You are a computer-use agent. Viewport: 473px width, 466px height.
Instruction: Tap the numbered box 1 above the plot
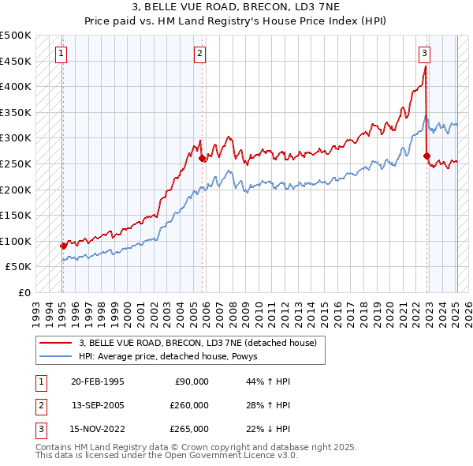(61, 54)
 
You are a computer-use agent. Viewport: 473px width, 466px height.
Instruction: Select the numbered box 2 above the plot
(200, 54)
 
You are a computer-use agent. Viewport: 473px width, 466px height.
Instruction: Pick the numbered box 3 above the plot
(424, 54)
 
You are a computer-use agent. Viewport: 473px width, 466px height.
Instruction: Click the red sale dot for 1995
(63, 246)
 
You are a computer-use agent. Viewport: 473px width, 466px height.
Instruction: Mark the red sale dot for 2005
(203, 158)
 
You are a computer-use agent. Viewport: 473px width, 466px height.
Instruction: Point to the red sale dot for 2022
(427, 156)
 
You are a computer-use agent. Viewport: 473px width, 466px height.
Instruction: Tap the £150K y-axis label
(17, 215)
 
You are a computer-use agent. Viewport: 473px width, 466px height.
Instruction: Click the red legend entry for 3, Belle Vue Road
(197, 343)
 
